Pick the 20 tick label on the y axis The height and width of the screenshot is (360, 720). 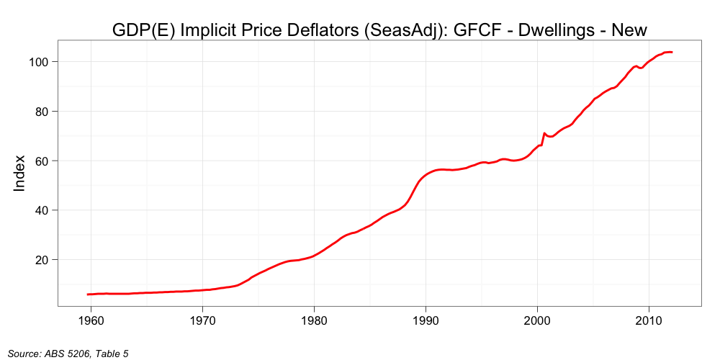pos(40,260)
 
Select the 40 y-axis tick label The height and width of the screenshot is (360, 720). pos(40,210)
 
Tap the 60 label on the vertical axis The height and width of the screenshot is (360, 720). pos(40,161)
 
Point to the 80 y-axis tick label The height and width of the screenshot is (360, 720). pos(40,112)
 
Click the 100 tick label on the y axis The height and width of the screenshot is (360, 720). pos(37,62)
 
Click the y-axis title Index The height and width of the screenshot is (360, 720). pos(20,173)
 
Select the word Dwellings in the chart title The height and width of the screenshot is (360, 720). pos(547,30)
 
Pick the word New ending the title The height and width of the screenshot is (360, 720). pos(629,30)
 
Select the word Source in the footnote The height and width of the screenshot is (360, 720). pos(23,353)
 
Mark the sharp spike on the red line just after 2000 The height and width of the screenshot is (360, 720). pos(544,133)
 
